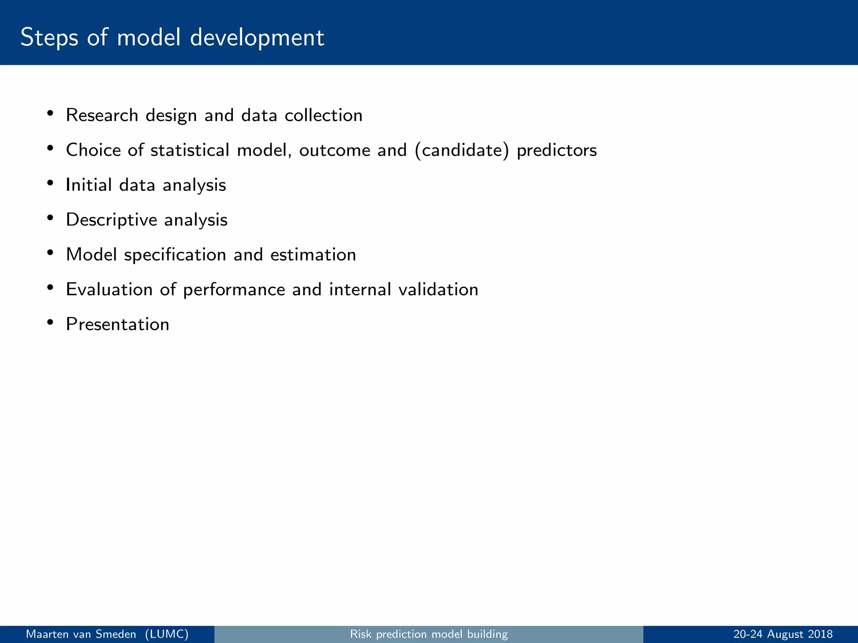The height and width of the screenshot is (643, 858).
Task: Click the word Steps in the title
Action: pyautogui.click(x=49, y=38)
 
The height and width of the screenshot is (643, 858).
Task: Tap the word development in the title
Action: pyautogui.click(x=257, y=38)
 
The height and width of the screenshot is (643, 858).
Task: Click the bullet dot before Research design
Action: pyautogui.click(x=50, y=113)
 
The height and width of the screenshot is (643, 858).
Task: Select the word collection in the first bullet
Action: pyautogui.click(x=323, y=115)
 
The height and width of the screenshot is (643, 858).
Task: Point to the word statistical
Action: pyautogui.click(x=190, y=150)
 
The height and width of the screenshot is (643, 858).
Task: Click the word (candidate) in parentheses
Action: pyautogui.click(x=462, y=150)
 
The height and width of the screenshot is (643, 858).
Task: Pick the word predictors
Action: pyautogui.click(x=556, y=150)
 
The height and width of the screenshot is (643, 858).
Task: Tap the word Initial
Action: pyautogui.click(x=89, y=185)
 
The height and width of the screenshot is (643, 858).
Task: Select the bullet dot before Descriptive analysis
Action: pyautogui.click(x=50, y=218)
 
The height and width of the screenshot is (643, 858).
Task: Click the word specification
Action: pyautogui.click(x=175, y=255)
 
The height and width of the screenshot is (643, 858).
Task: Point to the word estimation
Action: pyautogui.click(x=313, y=255)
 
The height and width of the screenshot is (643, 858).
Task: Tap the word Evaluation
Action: pyautogui.click(x=109, y=289)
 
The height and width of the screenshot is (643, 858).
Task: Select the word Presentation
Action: pyautogui.click(x=117, y=324)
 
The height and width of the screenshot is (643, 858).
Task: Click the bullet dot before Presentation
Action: pyautogui.click(x=50, y=322)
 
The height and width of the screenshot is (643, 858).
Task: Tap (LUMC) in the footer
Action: pyautogui.click(x=167, y=634)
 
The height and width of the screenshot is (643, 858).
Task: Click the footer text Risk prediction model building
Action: pyautogui.click(x=429, y=634)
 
